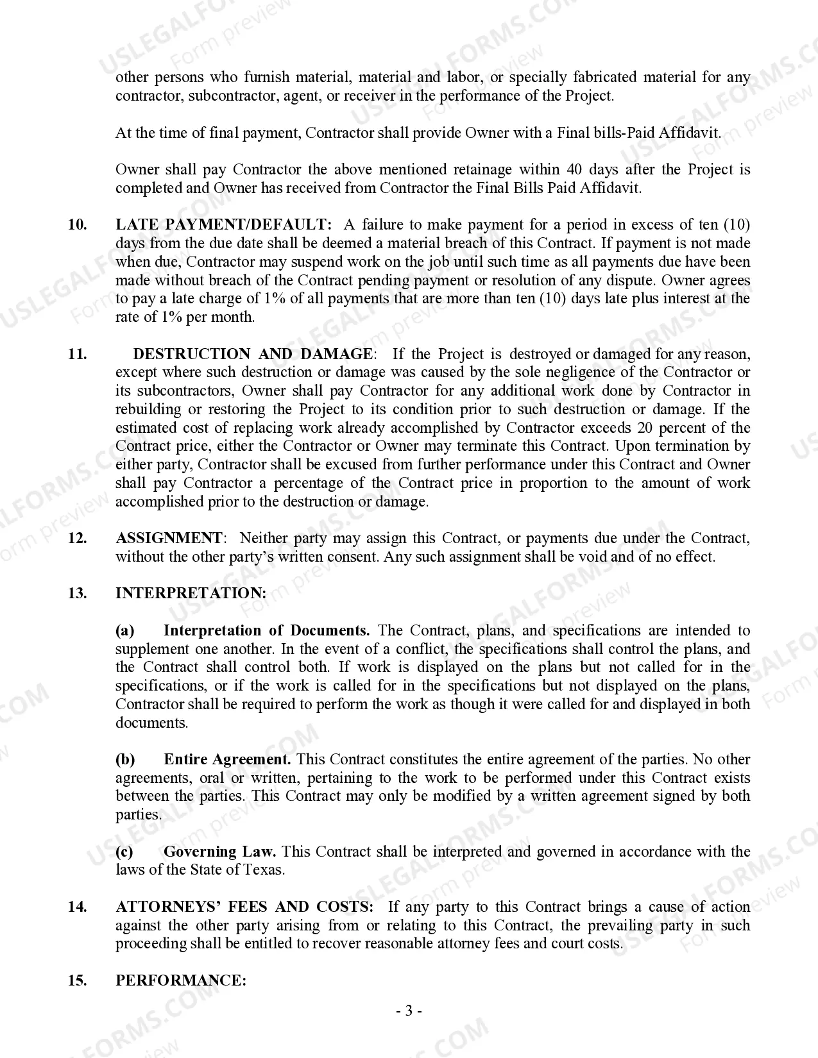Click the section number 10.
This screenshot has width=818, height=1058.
coord(77,225)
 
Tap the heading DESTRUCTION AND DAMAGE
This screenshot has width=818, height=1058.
coord(252,354)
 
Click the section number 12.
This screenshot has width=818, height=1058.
coord(77,539)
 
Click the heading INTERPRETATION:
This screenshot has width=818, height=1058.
coord(191,594)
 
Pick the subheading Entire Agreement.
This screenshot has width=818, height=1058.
coord(227,760)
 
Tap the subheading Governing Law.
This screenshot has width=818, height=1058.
coord(219,852)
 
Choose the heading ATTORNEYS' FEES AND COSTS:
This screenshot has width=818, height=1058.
coord(244,907)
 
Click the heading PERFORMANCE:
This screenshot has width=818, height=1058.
coord(181,981)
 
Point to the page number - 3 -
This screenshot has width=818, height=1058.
coord(409,1011)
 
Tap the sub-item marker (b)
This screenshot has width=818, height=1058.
coord(125,760)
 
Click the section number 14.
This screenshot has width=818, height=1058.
coord(77,907)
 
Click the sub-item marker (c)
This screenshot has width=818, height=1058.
coord(124,852)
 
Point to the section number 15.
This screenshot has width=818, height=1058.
coord(77,981)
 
